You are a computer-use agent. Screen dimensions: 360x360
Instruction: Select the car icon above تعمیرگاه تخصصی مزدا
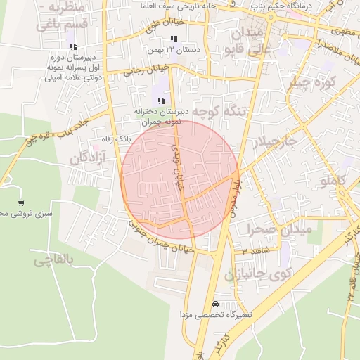point(214,304)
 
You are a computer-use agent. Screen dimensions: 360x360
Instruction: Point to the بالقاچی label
point(53,259)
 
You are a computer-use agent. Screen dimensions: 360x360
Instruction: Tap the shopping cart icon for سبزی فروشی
point(21,202)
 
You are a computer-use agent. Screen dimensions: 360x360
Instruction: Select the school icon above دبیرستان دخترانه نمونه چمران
point(162,101)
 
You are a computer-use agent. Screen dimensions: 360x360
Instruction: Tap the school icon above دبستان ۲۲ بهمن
point(174,39)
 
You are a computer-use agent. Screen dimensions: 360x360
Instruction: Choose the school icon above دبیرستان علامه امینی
point(74,46)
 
